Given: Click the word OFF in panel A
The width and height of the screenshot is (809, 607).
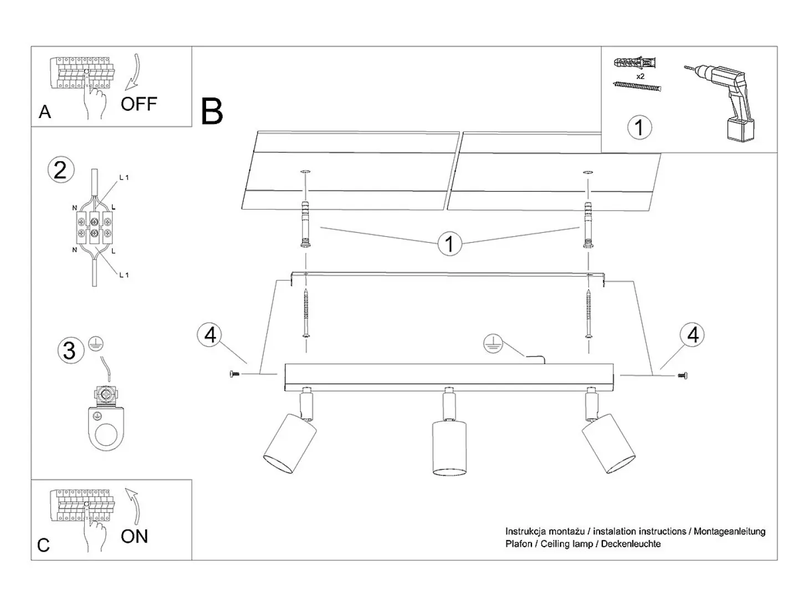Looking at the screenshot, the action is [x=139, y=104].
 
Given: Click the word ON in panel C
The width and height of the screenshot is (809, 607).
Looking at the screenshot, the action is [x=135, y=537].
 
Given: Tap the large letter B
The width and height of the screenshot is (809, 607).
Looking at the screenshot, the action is [x=212, y=111].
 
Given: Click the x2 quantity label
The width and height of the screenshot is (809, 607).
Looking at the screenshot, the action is [x=641, y=76].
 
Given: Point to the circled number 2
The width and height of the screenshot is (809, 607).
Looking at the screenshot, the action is [x=61, y=170].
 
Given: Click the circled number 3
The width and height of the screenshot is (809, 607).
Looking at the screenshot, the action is [x=70, y=350].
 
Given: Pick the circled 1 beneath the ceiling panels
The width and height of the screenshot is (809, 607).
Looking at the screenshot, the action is [x=449, y=243].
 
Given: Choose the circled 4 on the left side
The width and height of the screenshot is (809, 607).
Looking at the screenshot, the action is [x=210, y=335].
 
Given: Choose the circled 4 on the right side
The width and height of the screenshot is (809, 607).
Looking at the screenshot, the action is [x=693, y=335].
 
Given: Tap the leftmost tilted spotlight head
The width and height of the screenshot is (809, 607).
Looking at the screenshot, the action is [x=290, y=442].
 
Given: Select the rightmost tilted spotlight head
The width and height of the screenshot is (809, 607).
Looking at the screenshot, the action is [x=608, y=442].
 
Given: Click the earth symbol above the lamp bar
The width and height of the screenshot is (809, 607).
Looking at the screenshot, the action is [x=493, y=344].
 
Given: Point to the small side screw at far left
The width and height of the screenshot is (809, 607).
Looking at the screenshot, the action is [x=234, y=374].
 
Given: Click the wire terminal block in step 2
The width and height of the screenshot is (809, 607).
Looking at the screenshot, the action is [x=94, y=227].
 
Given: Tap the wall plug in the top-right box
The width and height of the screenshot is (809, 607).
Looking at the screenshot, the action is [x=635, y=62].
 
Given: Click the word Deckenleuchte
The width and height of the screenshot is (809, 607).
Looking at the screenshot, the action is [x=631, y=544].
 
